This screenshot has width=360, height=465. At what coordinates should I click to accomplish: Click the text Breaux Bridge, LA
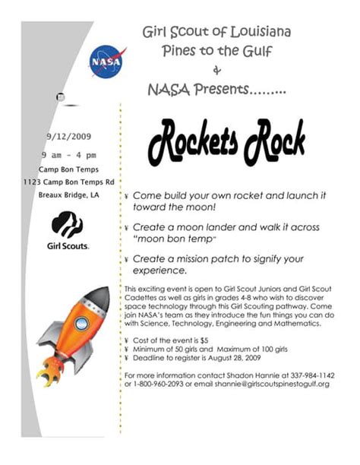click(68, 195)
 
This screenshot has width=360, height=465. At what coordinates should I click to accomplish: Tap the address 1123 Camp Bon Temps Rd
click(68, 182)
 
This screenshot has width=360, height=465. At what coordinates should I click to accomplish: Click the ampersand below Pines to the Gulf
click(217, 71)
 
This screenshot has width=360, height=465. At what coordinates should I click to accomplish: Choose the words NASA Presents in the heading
click(199, 90)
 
